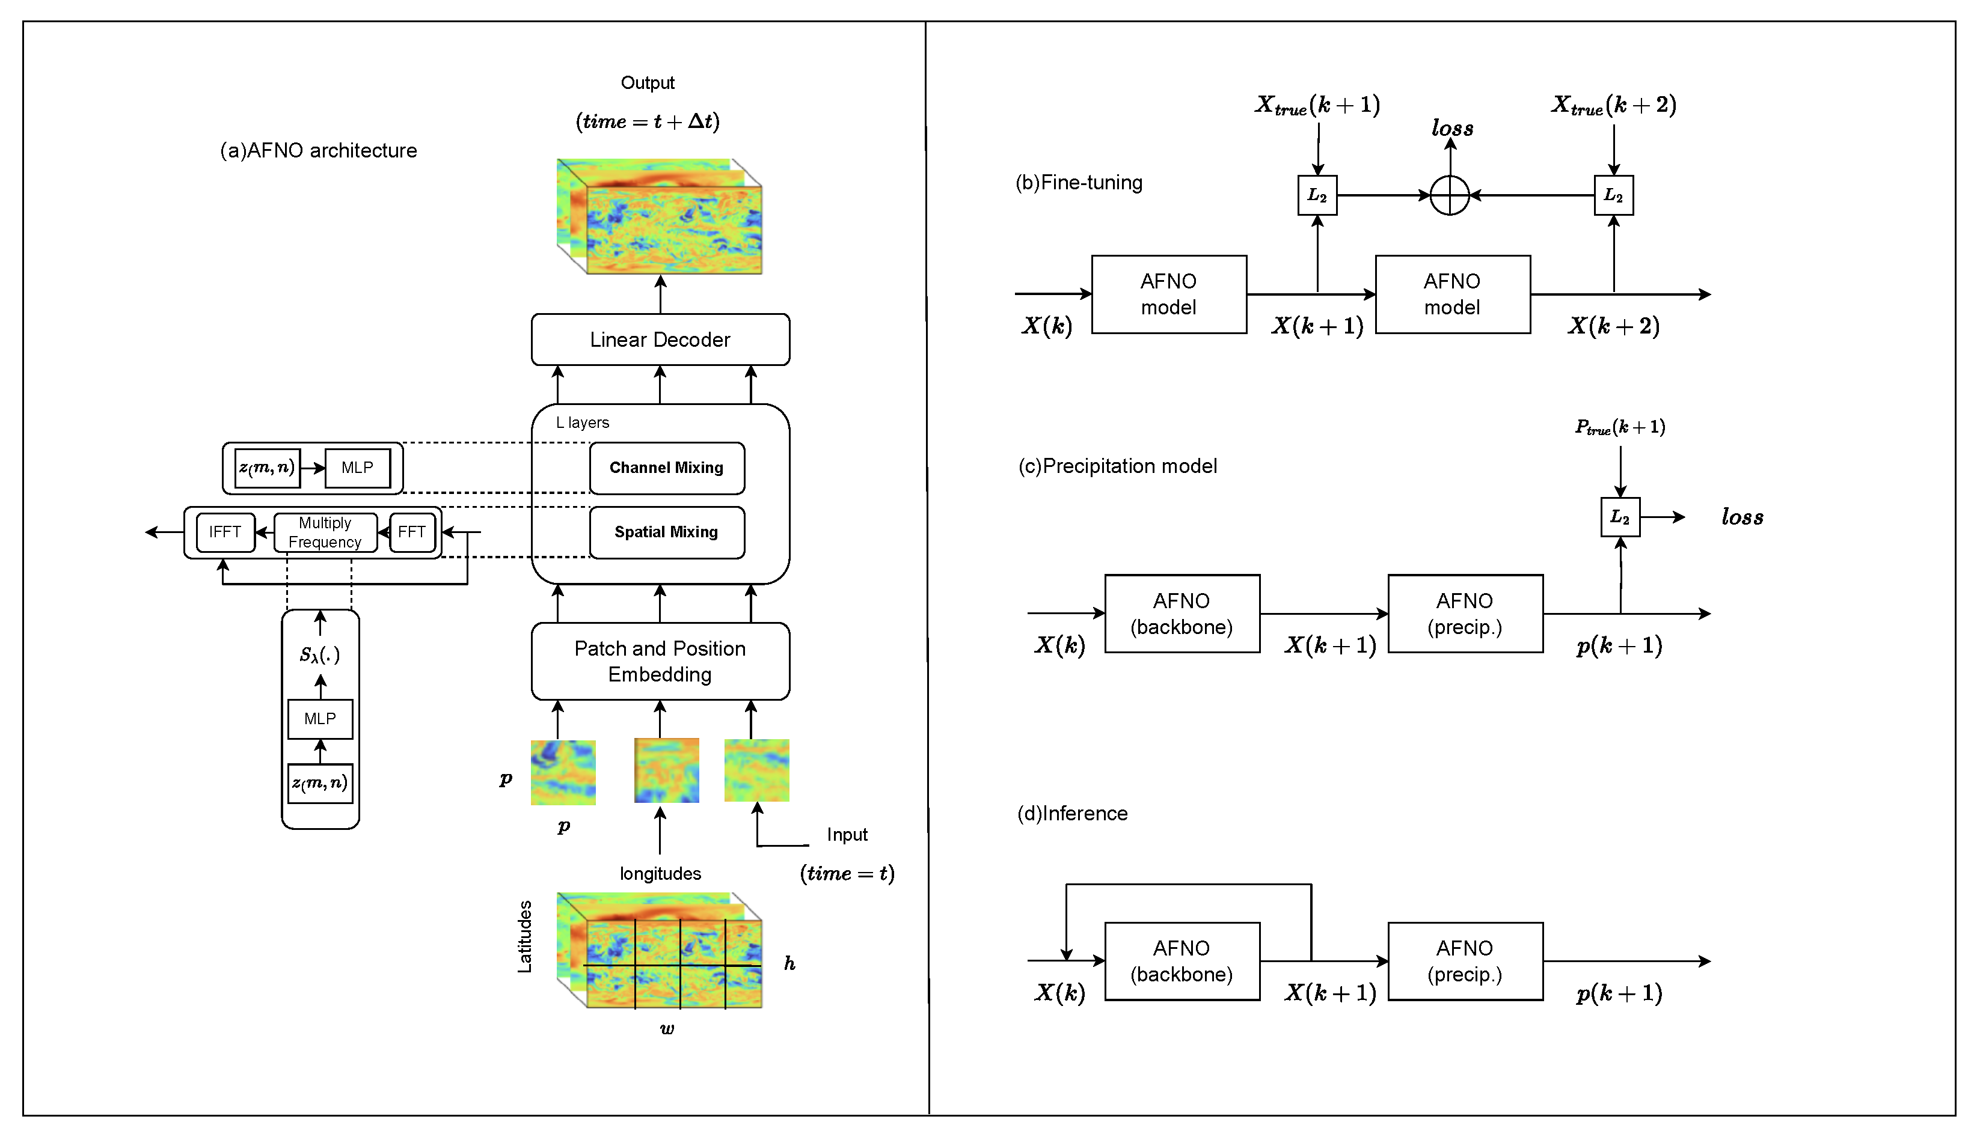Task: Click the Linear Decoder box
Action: click(x=660, y=340)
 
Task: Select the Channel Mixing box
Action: click(x=666, y=468)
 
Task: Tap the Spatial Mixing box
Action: click(x=666, y=532)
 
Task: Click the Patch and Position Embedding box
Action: click(x=660, y=662)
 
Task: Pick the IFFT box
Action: click(x=225, y=532)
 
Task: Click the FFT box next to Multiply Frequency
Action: click(x=412, y=532)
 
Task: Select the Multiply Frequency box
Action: click(x=325, y=532)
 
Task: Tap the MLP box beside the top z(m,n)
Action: click(x=357, y=468)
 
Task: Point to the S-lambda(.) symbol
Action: click(x=319, y=654)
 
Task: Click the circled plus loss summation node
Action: click(x=1449, y=195)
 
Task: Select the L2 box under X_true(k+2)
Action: click(x=1613, y=195)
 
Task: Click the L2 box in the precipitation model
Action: click(x=1619, y=517)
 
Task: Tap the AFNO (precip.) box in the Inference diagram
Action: click(x=1465, y=962)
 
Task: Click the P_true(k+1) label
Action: click(x=1619, y=427)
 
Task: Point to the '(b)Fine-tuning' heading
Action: click(x=1078, y=183)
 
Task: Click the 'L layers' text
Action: click(x=582, y=422)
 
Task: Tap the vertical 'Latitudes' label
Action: click(x=525, y=936)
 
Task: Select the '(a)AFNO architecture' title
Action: click(x=318, y=151)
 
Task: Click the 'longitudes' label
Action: click(x=660, y=873)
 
